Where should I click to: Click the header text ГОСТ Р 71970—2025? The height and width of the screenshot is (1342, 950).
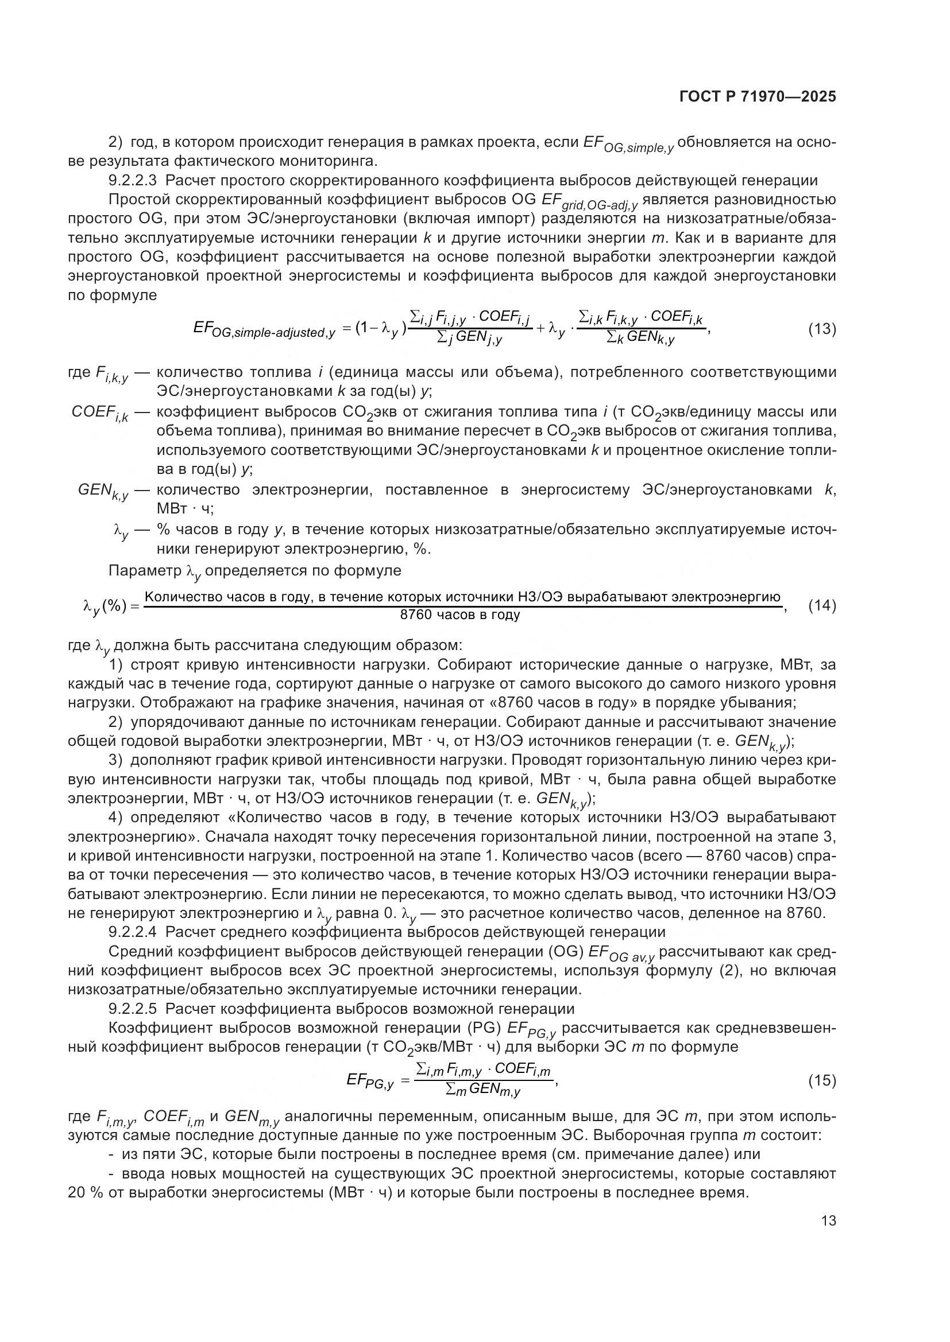[757, 97]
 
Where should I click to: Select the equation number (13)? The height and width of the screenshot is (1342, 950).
[822, 329]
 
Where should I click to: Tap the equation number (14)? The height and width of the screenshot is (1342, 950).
[822, 605]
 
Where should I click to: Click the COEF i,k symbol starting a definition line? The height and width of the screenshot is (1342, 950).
[100, 413]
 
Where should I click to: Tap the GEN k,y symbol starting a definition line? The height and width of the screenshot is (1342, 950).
[103, 492]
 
